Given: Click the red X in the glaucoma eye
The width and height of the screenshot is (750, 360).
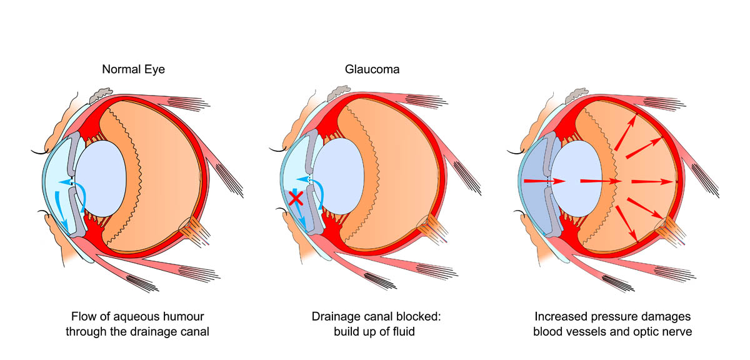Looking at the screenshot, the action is pos(296,198).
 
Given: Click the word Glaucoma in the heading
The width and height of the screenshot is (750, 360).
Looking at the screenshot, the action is pos(372,69).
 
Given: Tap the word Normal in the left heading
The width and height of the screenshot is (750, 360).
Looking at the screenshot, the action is pos(121,69).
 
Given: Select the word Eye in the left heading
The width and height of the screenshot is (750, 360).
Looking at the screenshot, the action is pos(155,69).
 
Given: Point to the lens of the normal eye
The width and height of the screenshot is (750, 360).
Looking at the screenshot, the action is pos(101,178).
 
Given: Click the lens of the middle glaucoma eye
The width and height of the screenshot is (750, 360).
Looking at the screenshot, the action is pos(339,176).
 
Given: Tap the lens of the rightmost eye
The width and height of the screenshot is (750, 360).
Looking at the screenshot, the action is pos(576,178).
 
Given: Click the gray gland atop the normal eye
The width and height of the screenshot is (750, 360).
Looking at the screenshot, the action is pos(101,95).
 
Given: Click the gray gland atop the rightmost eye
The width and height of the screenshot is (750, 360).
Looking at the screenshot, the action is pos(576,95).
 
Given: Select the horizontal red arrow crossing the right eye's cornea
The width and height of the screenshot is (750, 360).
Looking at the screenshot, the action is pos(544,181).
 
